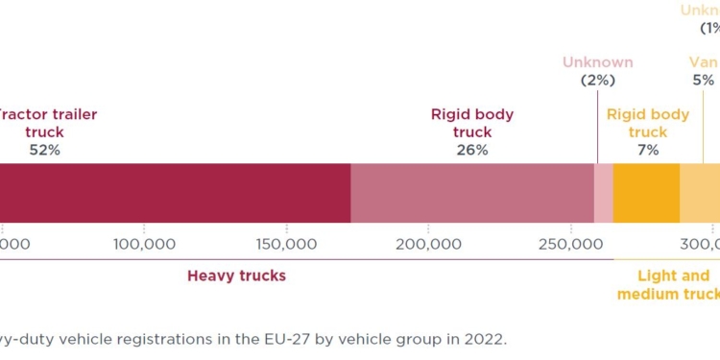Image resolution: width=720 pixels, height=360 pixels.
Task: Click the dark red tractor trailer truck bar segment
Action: tap(173, 193)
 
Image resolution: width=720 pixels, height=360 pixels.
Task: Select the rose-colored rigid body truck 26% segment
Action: tap(472, 193)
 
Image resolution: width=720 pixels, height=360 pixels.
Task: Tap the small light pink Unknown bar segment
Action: tap(603, 193)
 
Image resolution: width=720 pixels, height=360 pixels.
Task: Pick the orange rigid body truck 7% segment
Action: tap(646, 193)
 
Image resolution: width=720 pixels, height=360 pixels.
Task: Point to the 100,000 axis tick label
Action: tap(144, 244)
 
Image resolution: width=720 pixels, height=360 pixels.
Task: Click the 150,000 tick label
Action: tap(285, 244)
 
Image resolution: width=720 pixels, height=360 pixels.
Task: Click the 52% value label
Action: tap(45, 150)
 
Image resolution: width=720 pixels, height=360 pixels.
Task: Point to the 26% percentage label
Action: tap(472, 150)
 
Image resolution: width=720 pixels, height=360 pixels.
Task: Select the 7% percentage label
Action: tap(648, 150)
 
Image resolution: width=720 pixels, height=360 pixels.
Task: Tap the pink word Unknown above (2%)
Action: tap(597, 62)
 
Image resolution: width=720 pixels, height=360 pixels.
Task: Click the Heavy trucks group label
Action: tap(236, 276)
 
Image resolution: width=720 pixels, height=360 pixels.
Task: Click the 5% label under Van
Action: tap(704, 81)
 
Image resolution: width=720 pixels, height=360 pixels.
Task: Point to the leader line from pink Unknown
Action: tap(597, 125)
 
